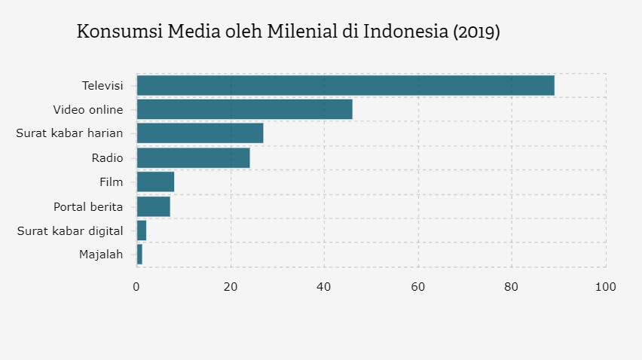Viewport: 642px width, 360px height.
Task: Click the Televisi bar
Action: click(x=345, y=85)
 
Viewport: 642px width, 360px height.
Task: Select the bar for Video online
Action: click(x=244, y=109)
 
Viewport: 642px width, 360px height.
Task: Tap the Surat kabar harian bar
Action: click(x=200, y=133)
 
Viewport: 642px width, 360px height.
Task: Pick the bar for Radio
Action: click(x=193, y=157)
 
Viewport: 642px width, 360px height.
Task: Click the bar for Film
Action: click(x=155, y=182)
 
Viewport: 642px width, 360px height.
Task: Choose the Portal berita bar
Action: click(x=153, y=206)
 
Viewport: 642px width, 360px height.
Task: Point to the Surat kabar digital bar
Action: click(x=142, y=230)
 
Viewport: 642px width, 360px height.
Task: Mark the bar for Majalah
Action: click(x=139, y=255)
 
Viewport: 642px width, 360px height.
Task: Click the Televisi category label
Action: click(x=102, y=85)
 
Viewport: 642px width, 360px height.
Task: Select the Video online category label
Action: click(x=88, y=109)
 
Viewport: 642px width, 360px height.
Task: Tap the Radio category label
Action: click(x=107, y=157)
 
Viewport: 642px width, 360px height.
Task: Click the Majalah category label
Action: click(x=101, y=255)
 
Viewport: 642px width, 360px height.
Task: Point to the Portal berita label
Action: click(x=88, y=206)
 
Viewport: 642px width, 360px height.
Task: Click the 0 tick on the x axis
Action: click(x=136, y=287)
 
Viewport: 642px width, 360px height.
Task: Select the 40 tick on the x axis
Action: click(x=324, y=287)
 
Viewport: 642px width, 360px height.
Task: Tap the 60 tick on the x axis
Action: click(x=418, y=287)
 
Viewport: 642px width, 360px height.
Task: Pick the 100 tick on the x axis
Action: click(x=605, y=287)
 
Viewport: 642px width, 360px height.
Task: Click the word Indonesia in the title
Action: click(x=405, y=32)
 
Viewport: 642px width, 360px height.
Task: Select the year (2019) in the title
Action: click(x=476, y=32)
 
